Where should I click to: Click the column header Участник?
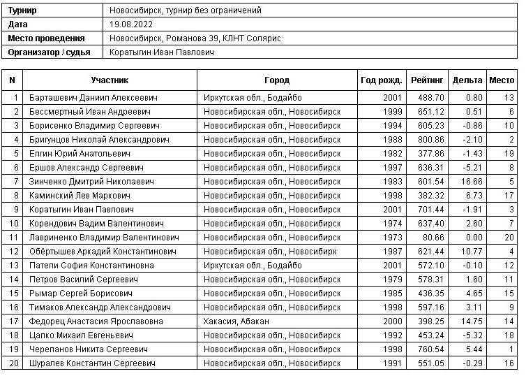(110, 80)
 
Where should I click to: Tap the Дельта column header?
(467, 80)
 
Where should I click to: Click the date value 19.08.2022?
(131, 24)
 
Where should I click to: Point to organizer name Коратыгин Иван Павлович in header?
(162, 52)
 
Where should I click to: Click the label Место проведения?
(46, 38)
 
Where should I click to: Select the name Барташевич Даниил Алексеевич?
(93, 98)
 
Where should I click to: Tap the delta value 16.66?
(469, 182)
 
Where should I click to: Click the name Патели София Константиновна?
(95, 266)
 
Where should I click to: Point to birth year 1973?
(392, 238)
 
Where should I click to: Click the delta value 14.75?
(469, 321)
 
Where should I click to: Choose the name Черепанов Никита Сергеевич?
(88, 349)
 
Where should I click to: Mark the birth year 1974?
(392, 224)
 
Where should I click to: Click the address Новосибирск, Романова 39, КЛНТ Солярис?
(195, 38)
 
